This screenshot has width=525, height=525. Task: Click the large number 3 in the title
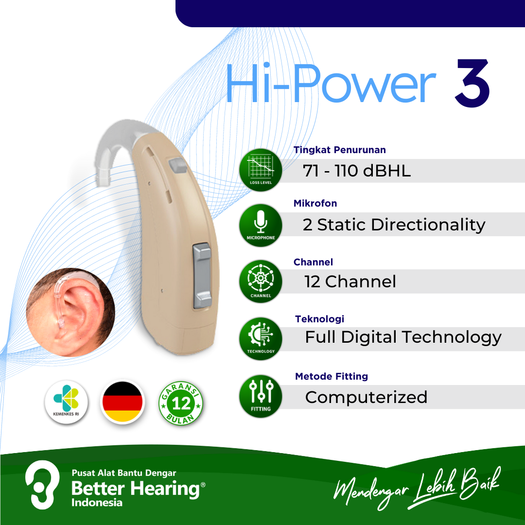tap(472, 83)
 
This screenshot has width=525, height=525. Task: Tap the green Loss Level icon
tap(261, 170)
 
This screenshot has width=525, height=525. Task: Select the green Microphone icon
tap(261, 226)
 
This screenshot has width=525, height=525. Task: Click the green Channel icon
tap(261, 281)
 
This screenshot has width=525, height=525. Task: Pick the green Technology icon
tap(261, 338)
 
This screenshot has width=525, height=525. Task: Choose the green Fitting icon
tap(261, 396)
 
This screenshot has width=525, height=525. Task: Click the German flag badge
tap(122, 402)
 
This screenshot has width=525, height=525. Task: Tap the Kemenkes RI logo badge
tap(66, 402)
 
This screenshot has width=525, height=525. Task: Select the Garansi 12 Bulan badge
tap(181, 403)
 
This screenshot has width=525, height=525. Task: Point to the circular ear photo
tap(70, 312)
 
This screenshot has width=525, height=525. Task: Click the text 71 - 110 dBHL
tap(357, 171)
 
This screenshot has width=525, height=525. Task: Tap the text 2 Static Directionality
tap(394, 225)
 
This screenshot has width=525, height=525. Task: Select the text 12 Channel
tap(350, 281)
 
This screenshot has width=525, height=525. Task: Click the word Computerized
tap(366, 397)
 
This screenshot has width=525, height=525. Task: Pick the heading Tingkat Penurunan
tap(339, 150)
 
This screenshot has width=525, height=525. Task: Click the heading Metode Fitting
tap(332, 376)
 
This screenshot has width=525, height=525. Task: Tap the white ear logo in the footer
tap(42, 485)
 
